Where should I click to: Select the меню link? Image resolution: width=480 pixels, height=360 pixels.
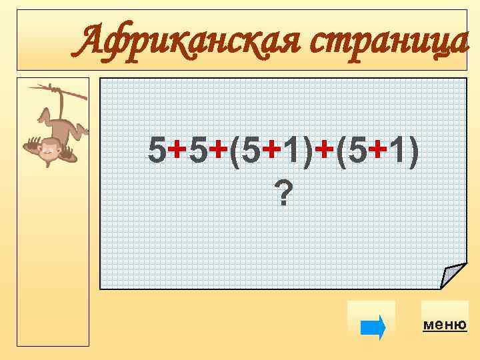pyautogui.click(x=445, y=325)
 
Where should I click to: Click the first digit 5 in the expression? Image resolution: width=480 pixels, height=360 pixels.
pyautogui.click(x=157, y=152)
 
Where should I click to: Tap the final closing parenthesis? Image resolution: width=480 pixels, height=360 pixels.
pyautogui.click(x=414, y=152)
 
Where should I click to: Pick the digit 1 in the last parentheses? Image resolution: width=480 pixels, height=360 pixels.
pyautogui.click(x=398, y=152)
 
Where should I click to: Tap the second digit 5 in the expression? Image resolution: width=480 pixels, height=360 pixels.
pyautogui.click(x=197, y=152)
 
